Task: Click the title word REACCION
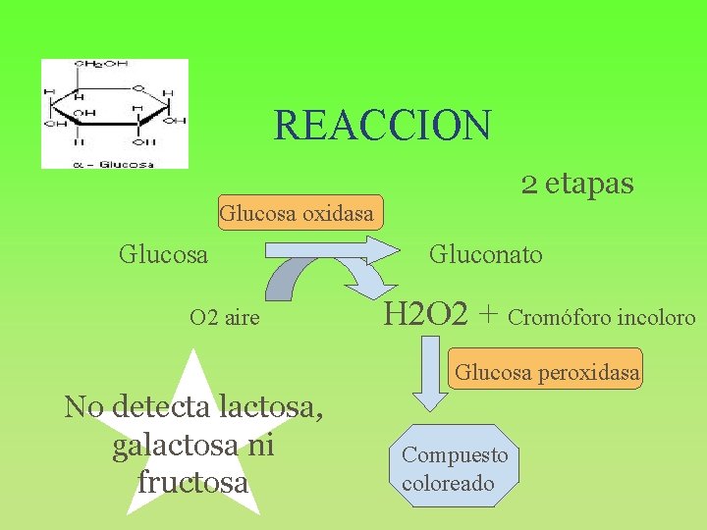click(382, 126)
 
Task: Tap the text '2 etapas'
click(576, 183)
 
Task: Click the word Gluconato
click(485, 255)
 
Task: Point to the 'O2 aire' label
click(225, 318)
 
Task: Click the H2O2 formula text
click(424, 315)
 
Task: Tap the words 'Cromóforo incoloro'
click(602, 318)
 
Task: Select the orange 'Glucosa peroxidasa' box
click(547, 372)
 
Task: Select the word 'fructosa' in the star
click(192, 483)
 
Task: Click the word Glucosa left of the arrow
click(163, 255)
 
